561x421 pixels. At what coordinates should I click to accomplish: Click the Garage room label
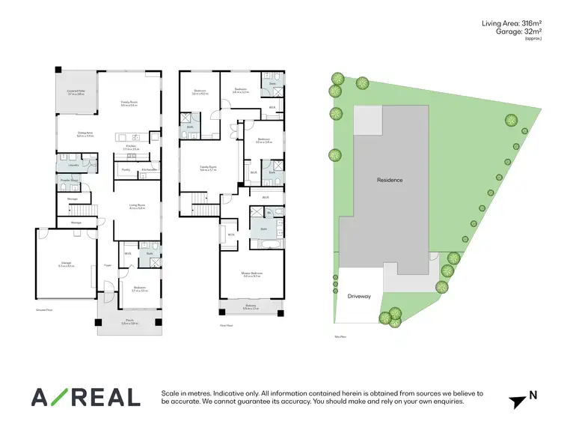click(x=66, y=264)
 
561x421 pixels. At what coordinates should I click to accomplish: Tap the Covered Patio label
click(x=76, y=92)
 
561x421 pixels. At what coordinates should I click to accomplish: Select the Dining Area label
click(x=85, y=134)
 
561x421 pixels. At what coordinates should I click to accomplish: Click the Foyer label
click(x=108, y=264)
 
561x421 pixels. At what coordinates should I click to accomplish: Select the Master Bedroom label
click(x=251, y=274)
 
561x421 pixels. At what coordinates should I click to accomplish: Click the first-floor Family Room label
click(x=208, y=168)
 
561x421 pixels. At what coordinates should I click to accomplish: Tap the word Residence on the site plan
click(x=389, y=180)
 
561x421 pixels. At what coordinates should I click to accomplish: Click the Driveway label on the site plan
click(x=359, y=296)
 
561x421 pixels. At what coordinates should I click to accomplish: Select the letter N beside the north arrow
click(x=533, y=395)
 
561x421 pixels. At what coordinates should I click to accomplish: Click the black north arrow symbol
click(x=517, y=402)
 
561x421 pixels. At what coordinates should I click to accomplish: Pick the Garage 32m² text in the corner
click(x=517, y=33)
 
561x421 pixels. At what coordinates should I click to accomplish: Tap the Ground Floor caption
click(x=43, y=308)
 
